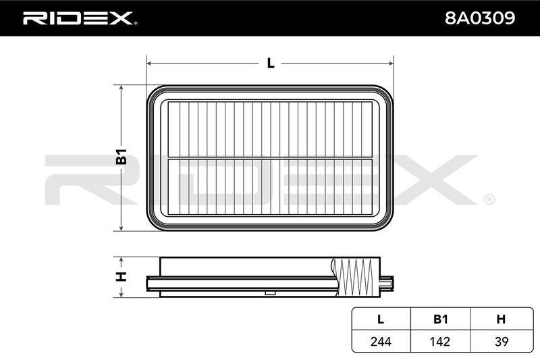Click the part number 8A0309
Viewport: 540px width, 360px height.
pyautogui.click(x=480, y=18)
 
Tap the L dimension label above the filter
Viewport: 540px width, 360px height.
pyautogui.click(x=271, y=63)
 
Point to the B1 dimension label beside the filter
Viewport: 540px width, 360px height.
pyautogui.click(x=122, y=157)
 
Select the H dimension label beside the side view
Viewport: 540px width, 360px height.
pyautogui.click(x=122, y=277)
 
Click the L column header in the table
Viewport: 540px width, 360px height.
pyautogui.click(x=381, y=319)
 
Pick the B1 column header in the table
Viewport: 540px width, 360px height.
pyautogui.click(x=440, y=319)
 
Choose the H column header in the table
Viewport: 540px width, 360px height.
pyautogui.click(x=501, y=319)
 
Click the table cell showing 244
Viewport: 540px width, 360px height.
pyautogui.click(x=381, y=341)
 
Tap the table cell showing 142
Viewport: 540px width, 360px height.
pyautogui.click(x=440, y=341)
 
